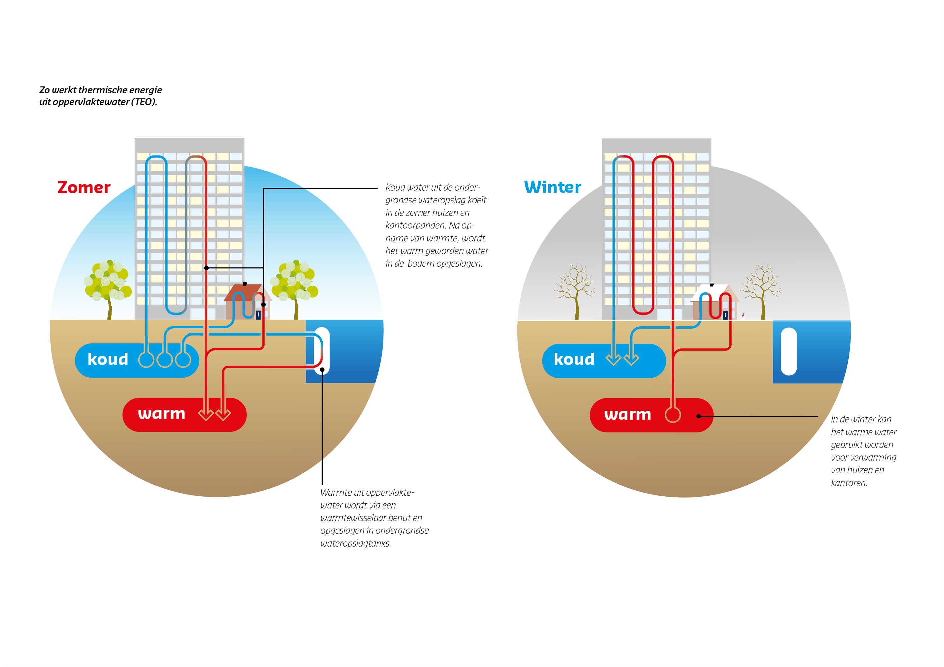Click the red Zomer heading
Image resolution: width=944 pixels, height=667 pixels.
click(84, 187)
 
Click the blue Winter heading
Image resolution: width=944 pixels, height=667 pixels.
click(553, 187)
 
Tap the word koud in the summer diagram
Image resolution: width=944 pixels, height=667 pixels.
click(108, 359)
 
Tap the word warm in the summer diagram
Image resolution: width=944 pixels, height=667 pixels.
click(162, 414)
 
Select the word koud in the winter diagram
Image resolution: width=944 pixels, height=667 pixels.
click(574, 359)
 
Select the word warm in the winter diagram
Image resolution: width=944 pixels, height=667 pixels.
click(628, 414)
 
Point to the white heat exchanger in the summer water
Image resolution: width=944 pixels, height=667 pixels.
click(322, 351)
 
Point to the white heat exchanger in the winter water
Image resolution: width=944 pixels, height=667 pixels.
click(789, 352)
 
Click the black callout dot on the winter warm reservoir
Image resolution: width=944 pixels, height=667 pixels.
click(698, 416)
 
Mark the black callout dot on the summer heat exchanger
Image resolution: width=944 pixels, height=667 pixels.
click(322, 370)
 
